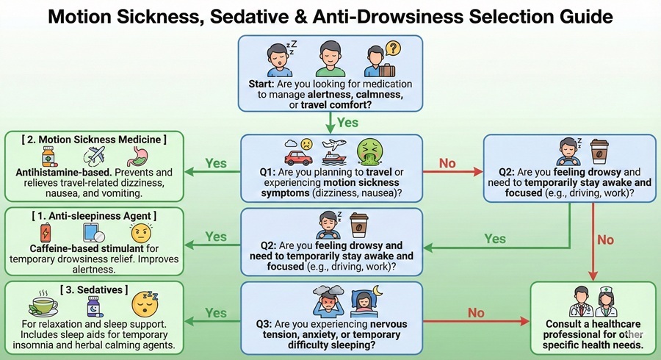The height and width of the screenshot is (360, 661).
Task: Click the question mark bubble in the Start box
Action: [393, 48]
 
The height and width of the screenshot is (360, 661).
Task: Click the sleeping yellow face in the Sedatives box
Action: [144, 303]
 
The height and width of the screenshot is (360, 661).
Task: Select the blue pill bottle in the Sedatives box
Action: [95, 305]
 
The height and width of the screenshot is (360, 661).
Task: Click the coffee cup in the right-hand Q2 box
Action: [599, 152]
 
